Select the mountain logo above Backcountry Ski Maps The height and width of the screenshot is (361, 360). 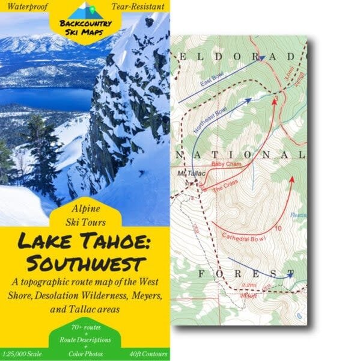coord(85,11)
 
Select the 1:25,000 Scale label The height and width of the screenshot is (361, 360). coord(23,353)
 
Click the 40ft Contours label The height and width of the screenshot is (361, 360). coord(147,353)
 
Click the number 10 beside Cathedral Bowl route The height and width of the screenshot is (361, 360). coord(277,229)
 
